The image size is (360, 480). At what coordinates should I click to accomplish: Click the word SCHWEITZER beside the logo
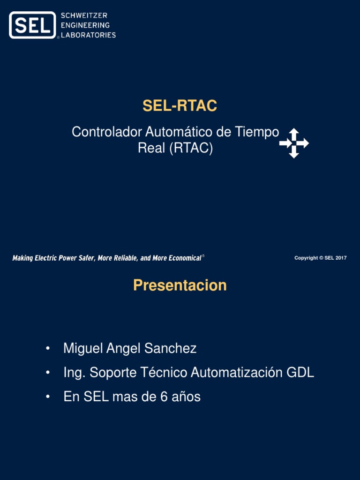pos(84,16)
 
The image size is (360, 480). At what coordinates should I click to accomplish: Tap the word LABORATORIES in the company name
pos(89,35)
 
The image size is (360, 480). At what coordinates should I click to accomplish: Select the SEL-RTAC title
pos(180,106)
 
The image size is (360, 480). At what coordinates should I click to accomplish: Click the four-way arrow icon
pos(294,143)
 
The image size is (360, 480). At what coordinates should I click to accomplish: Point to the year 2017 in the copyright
pos(341,258)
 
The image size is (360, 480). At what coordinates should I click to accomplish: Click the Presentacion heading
pos(180,285)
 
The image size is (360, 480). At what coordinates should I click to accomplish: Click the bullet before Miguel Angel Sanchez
pos(47,349)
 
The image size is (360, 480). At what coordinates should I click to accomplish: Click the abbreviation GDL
pos(300,373)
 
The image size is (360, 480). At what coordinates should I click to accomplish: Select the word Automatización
pos(236,373)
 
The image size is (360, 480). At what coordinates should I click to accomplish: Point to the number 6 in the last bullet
pos(164,397)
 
